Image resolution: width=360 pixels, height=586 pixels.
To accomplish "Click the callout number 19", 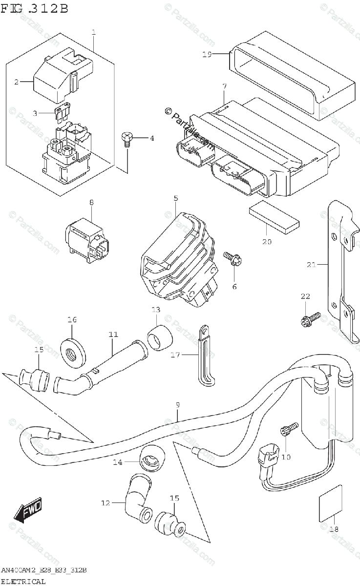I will click(207, 55).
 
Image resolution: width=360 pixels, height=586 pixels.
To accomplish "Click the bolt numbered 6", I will click(231, 259).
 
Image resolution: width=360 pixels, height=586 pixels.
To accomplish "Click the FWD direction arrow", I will click(28, 511).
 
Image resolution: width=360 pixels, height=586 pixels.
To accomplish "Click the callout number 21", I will click(311, 265).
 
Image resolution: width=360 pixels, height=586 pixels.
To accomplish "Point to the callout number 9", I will click(178, 405).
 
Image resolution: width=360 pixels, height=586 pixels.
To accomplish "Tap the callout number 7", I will click(224, 86).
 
